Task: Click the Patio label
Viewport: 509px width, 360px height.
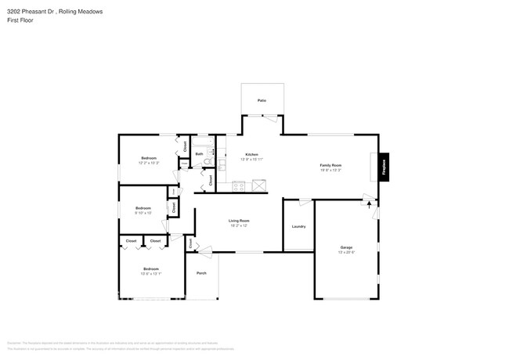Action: (x=262, y=101)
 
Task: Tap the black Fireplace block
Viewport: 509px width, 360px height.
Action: (x=384, y=167)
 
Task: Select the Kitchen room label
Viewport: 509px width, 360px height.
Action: (x=251, y=155)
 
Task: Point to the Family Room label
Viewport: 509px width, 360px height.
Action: (x=330, y=165)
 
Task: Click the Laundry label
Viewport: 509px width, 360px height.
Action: (x=298, y=226)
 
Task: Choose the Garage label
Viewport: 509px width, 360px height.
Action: (x=345, y=247)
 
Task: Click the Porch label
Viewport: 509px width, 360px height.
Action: (x=201, y=274)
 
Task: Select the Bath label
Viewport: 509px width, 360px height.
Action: (x=200, y=154)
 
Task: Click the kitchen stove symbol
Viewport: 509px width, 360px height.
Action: (x=239, y=186)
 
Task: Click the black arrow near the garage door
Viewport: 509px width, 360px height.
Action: (x=369, y=205)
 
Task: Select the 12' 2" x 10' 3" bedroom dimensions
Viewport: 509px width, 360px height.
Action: (x=149, y=163)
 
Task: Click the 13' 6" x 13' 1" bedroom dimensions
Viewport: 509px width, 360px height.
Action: (x=150, y=273)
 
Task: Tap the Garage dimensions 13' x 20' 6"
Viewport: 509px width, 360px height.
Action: (x=345, y=252)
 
